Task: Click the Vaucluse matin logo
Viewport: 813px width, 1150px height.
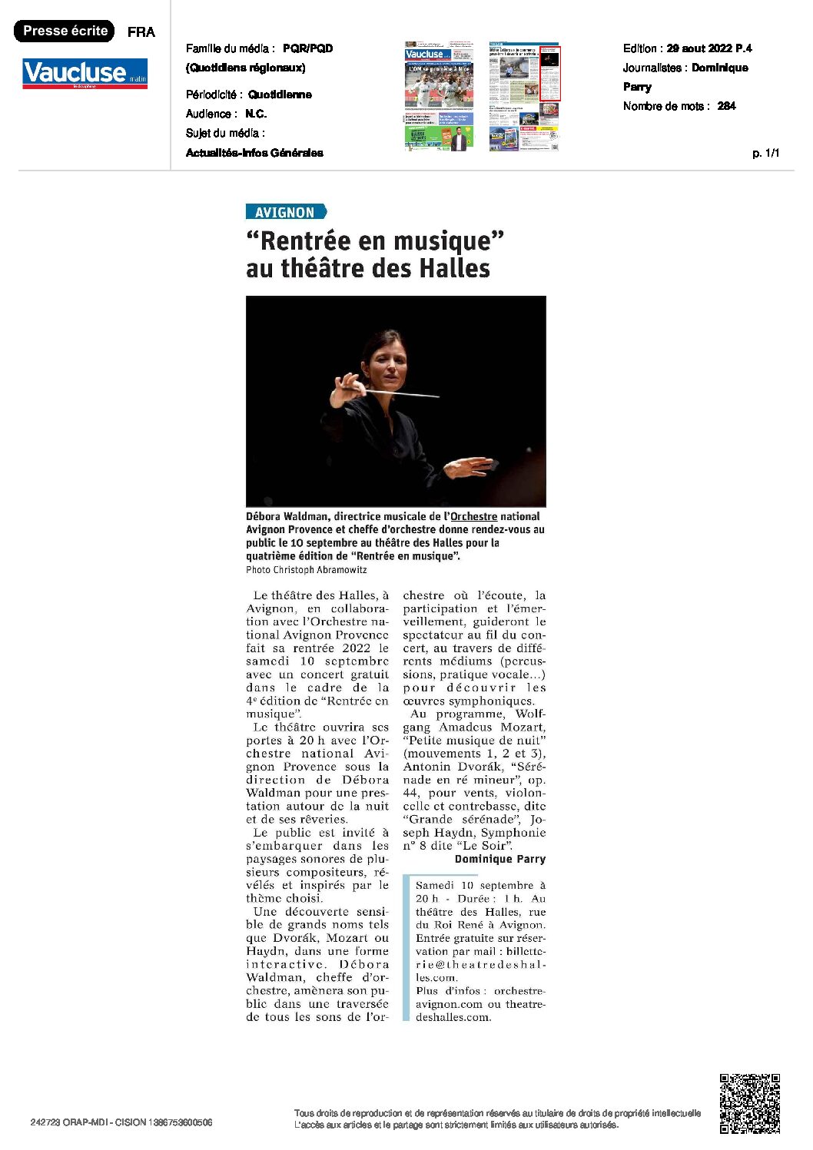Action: (85, 74)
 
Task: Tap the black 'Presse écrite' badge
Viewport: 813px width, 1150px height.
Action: (65, 31)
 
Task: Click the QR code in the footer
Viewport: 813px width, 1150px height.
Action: (749, 1103)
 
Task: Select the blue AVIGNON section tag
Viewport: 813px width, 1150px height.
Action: (286, 212)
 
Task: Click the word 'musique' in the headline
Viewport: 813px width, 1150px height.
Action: (440, 241)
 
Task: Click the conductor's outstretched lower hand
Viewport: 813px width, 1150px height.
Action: (470, 467)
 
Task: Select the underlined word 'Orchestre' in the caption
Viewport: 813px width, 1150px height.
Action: (473, 516)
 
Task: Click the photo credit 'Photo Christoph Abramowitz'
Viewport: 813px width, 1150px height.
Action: (306, 570)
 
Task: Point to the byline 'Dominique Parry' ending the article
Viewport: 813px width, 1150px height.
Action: (499, 859)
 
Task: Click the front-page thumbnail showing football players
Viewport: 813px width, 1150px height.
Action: (439, 96)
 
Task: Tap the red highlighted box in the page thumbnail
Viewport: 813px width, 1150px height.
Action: (549, 74)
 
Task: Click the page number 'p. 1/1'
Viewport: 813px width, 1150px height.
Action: (765, 153)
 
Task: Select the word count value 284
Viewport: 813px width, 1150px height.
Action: (726, 106)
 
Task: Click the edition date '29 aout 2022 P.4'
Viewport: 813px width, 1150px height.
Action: (708, 48)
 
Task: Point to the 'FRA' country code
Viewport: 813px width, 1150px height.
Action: (141, 31)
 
